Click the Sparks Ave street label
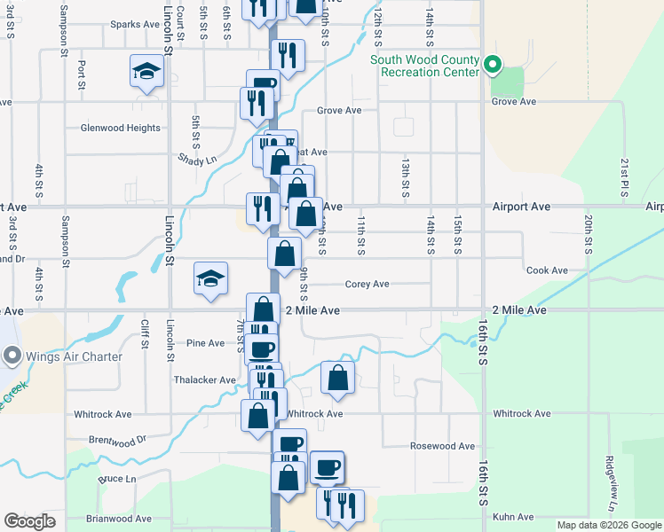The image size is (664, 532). [x=134, y=24]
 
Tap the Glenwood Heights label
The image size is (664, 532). [x=120, y=128]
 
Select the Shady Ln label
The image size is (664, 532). [x=197, y=160]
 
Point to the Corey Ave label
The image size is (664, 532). [x=367, y=285]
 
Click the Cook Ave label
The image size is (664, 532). [x=546, y=270]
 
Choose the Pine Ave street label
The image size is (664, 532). [x=205, y=343]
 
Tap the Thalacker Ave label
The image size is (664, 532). [x=204, y=379]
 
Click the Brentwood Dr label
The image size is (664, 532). [x=116, y=439]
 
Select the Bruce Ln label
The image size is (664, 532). [x=116, y=479]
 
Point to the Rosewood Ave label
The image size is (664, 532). [x=442, y=446]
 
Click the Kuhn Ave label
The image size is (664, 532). [x=514, y=516]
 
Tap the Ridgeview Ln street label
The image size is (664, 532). [x=611, y=483]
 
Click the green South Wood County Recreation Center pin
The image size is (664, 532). [x=493, y=65]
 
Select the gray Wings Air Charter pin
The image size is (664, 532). [x=12, y=356]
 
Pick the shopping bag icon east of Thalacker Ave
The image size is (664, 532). [x=338, y=378]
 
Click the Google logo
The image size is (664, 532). [x=30, y=521]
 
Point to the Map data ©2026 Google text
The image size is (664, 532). [x=609, y=525]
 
